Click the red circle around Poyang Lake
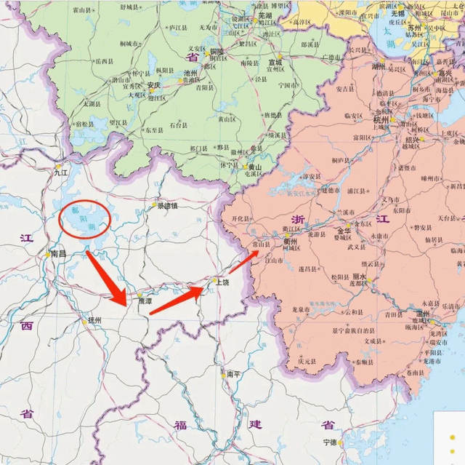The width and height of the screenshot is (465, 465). click(84, 218)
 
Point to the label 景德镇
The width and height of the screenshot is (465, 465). click(168, 206)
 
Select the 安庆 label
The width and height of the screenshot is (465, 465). click(153, 84)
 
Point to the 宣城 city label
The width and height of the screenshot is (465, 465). click(275, 63)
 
